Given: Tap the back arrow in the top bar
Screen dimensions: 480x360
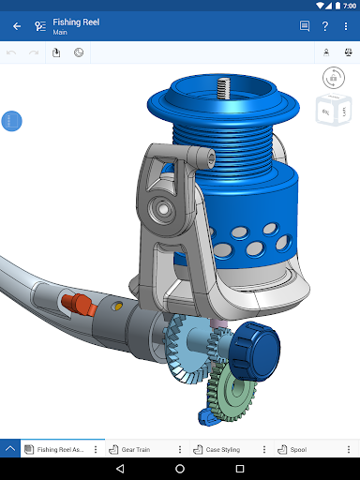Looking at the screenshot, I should pos(17,26).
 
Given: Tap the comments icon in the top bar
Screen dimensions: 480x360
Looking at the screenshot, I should pos(305,26).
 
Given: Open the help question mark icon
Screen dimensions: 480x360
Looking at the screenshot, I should pos(324,26).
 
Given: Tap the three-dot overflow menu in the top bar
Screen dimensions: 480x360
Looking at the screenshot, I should pos(346,26).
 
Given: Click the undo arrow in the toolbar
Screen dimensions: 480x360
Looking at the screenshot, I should pos(12,52).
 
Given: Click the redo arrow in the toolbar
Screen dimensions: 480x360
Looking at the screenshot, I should pos(34,52).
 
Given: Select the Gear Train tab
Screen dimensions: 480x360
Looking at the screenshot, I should pos(135,449).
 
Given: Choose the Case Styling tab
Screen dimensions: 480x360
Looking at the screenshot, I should pos(221,449).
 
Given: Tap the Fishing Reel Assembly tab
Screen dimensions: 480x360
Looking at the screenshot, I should pos(58,449).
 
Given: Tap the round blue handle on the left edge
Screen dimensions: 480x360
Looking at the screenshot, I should pos(12,121).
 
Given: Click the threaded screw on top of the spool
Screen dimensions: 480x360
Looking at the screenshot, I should pos(223,89).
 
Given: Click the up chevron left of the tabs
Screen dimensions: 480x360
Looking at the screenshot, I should pos(10,449).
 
